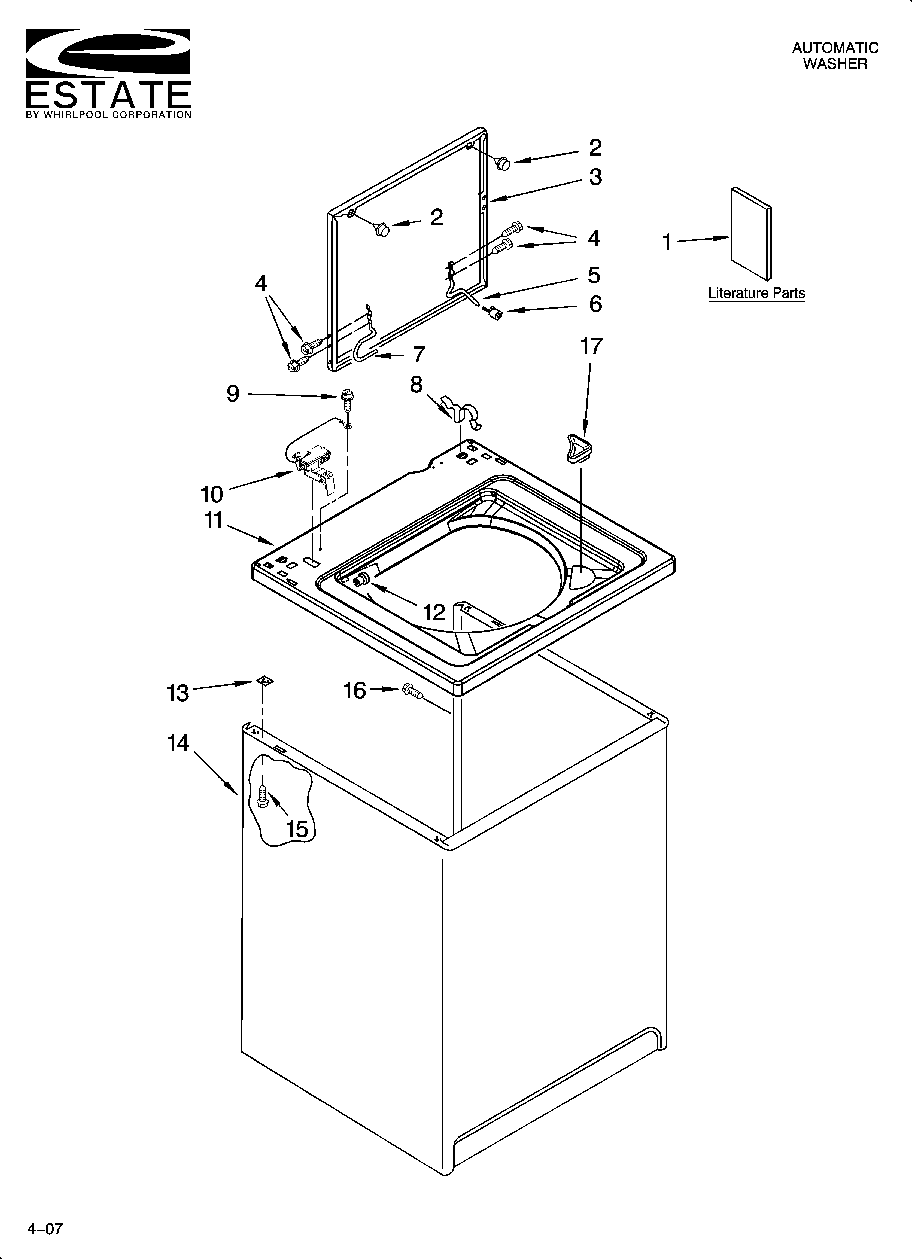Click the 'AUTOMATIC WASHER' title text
835,56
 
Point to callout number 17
591,346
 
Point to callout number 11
214,521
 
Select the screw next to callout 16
412,691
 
